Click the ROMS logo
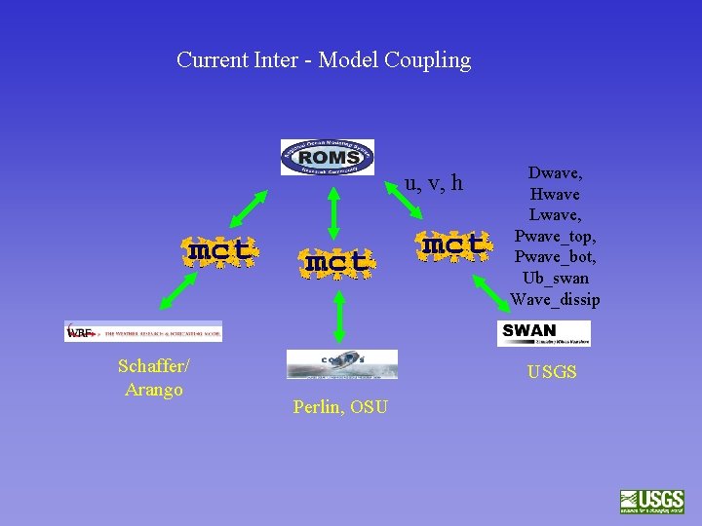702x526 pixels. coord(328,157)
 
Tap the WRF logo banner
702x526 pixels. coord(143,331)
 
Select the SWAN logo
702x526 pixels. coord(543,333)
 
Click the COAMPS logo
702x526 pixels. coord(341,364)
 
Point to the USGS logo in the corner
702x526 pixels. coord(651,501)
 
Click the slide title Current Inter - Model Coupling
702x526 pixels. coord(324,60)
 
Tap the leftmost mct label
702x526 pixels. coord(221,250)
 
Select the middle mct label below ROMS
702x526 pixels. coord(336,262)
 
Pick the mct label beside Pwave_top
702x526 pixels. coord(452,244)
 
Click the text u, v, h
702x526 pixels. coord(434,183)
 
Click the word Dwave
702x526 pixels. coord(555,172)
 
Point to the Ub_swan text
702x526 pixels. coord(555,279)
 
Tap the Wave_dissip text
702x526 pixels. coord(555,300)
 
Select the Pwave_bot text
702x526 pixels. coord(555,257)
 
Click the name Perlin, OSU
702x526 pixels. coord(340,406)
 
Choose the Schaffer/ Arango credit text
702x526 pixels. coord(154,378)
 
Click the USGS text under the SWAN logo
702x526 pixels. coord(552,372)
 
